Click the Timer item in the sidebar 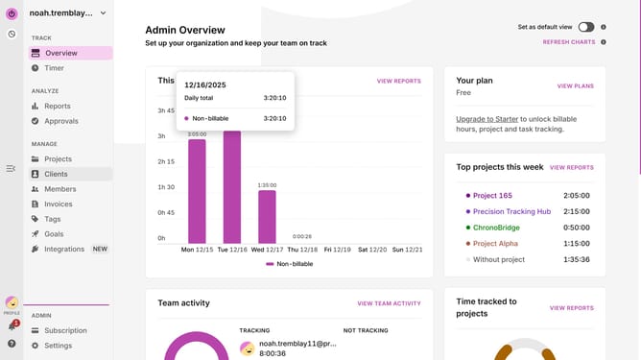click(54, 68)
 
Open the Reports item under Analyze click(58, 106)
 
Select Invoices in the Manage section click(58, 204)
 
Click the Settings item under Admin click(58, 346)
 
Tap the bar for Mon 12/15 click(197, 191)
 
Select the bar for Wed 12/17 click(267, 217)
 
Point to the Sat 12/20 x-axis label click(372, 250)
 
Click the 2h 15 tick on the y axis click(166, 161)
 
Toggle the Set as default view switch click(585, 27)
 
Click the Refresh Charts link click(569, 42)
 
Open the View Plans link click(575, 85)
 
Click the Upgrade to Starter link click(487, 119)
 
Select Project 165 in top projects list click(492, 196)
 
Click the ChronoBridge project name click(496, 228)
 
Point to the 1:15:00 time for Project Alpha click(577, 244)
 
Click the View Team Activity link click(389, 303)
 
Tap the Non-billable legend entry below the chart click(290, 264)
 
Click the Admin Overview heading click(185, 30)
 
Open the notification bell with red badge click(12, 325)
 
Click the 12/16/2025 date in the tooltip click(205, 85)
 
